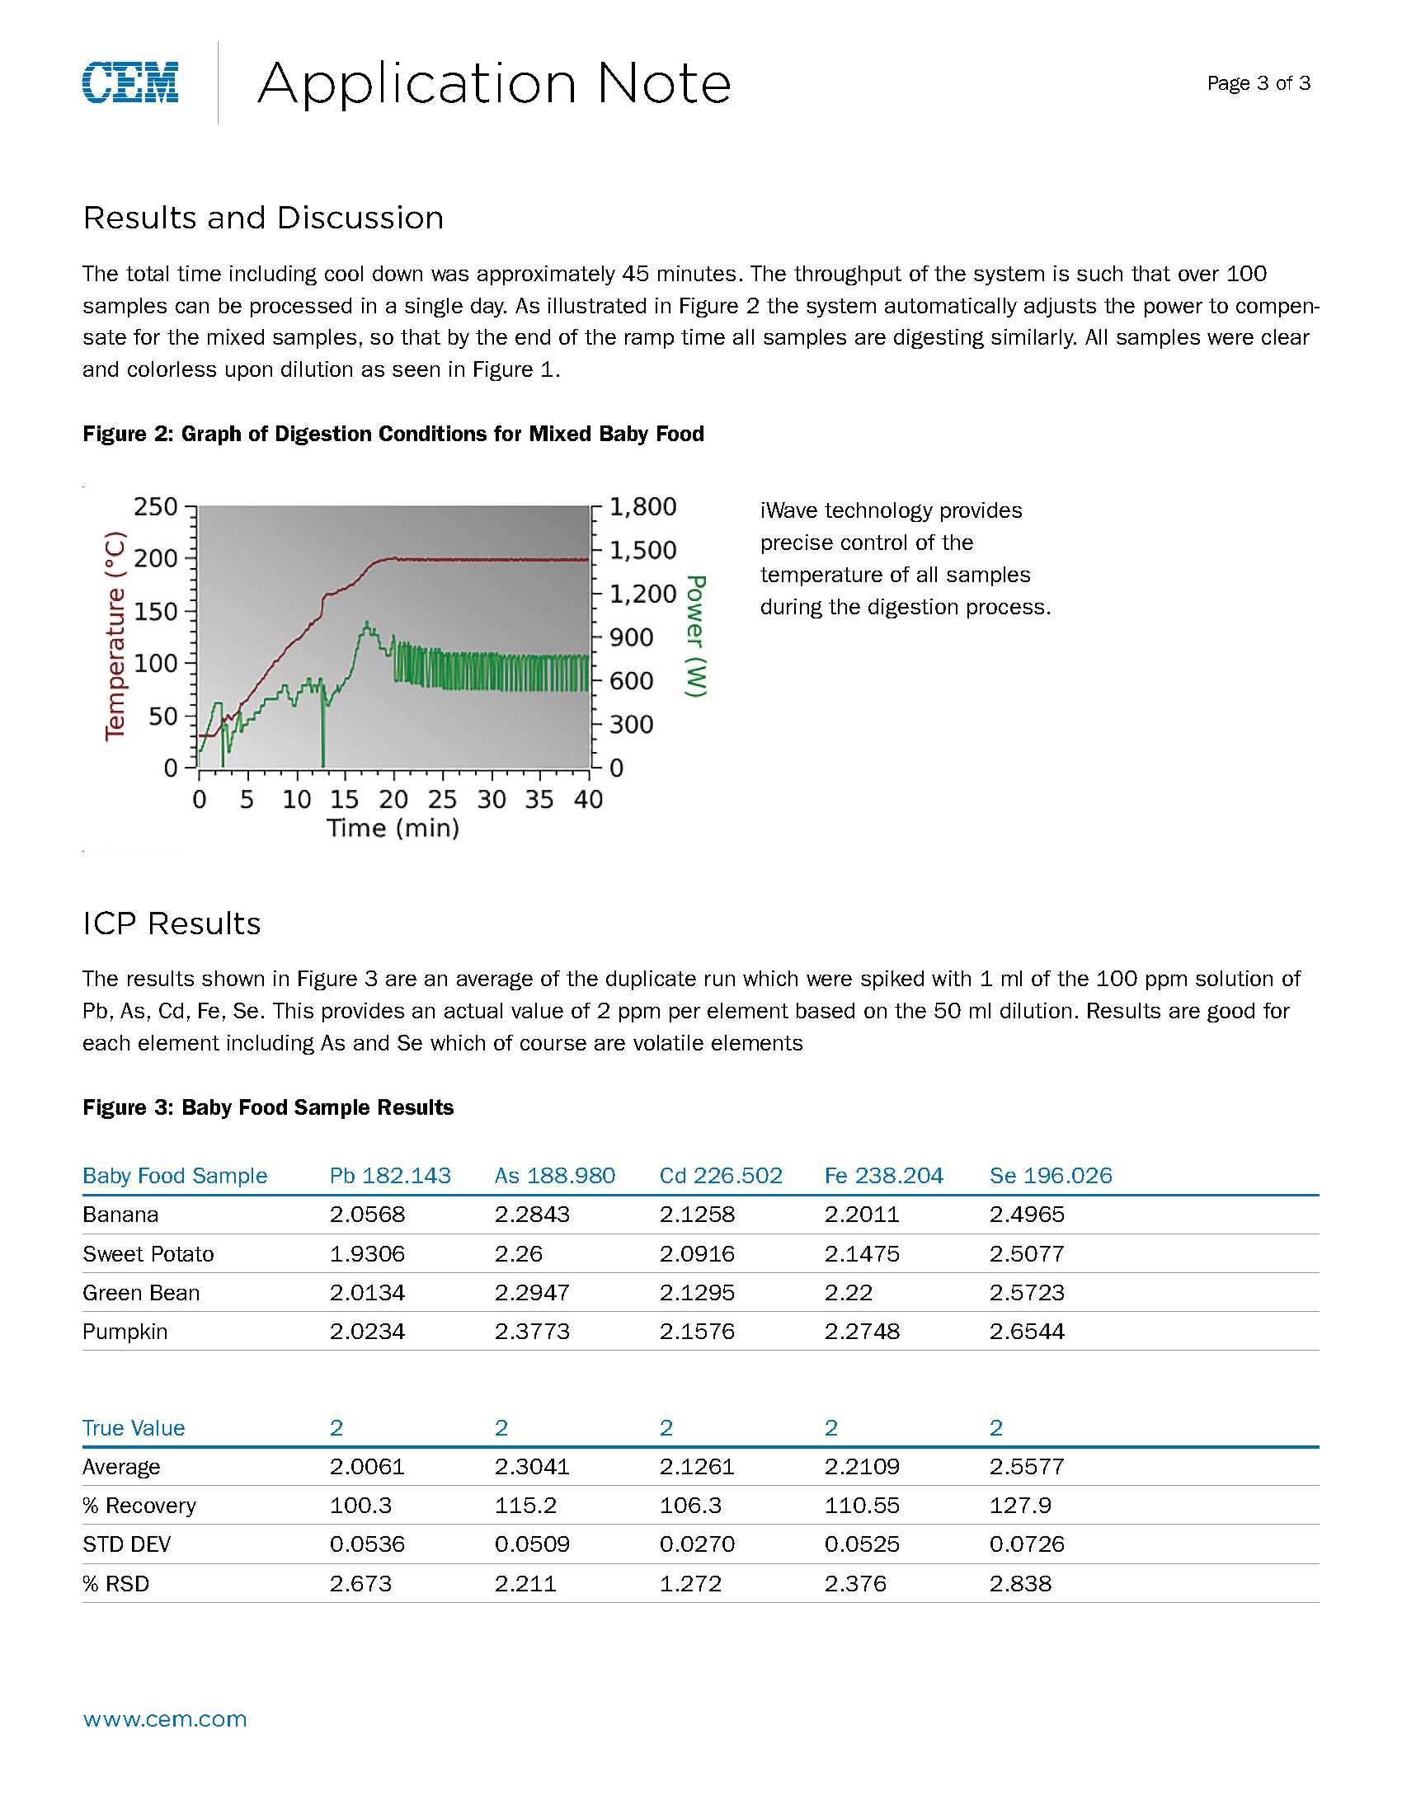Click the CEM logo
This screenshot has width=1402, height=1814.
pos(130,82)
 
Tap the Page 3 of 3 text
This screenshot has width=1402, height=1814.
pos(1259,83)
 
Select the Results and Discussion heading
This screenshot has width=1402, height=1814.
pos(263,218)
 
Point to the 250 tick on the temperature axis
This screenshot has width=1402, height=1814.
pos(155,506)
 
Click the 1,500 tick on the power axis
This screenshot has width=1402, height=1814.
pos(643,550)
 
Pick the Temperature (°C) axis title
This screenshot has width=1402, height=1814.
pos(115,636)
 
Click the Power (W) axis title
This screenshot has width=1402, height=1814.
pos(695,636)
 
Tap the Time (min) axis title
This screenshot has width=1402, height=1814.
pos(393,828)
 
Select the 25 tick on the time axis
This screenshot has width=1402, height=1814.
pos(442,799)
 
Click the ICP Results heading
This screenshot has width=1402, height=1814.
pos(171,923)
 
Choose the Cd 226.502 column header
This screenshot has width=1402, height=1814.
pos(720,1175)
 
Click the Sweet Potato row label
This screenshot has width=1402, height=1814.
pos(148,1253)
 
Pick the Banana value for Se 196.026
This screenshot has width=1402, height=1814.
pos(1027,1215)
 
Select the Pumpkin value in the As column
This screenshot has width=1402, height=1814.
pos(532,1332)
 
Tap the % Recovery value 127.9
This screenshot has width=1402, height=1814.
pos(1021,1505)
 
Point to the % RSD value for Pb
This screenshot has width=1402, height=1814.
pos(360,1583)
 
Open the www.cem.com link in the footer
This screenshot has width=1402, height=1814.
pos(164,1718)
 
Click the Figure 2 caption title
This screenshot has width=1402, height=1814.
pos(393,434)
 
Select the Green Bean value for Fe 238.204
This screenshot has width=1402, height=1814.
pos(848,1292)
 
